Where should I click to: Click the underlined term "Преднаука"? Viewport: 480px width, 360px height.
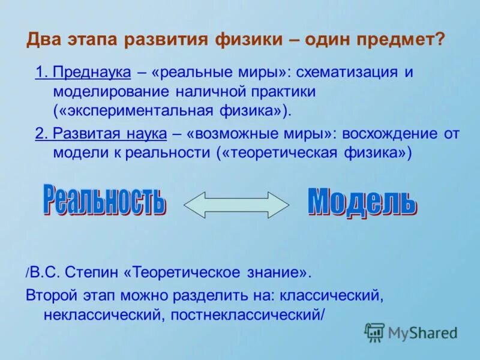point(91,73)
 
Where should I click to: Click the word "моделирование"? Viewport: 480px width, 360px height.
point(112,92)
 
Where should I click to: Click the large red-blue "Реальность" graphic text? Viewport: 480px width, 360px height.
point(103,201)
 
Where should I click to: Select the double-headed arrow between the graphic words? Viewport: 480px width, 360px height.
point(236,205)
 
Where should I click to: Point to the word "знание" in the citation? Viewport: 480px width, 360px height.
point(274,273)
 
